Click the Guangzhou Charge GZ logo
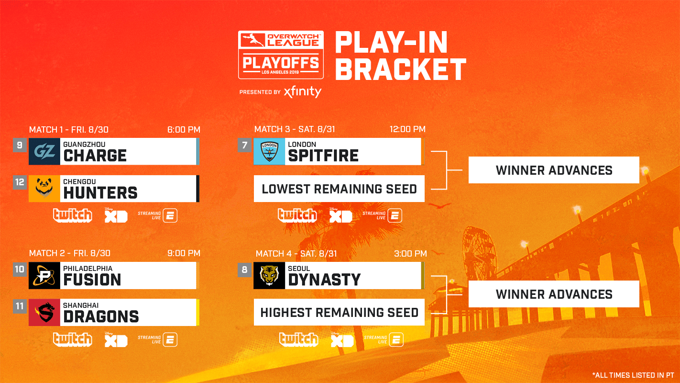pos(44,152)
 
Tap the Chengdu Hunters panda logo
pos(44,189)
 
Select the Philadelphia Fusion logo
pos(44,276)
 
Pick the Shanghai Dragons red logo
pos(44,313)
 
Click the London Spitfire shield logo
pos(269,152)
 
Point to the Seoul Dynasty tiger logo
pos(269,276)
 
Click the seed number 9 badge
pos(20,145)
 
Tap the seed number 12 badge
pos(20,182)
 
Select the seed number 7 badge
pos(244,145)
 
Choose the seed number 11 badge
pos(20,306)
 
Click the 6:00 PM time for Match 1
pos(184,130)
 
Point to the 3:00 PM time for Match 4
pos(410,254)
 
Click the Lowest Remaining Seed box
pos(339,189)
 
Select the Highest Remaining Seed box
pos(339,313)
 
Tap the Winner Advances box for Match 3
pos(554,170)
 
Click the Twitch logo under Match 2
pos(72,339)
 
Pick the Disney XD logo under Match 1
pos(116,215)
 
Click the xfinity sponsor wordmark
pos(302,91)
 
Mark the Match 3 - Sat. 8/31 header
pos(296,130)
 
